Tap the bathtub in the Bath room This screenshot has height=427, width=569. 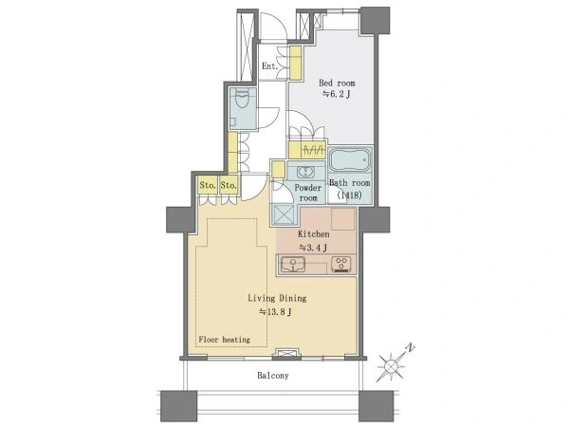[x=349, y=160]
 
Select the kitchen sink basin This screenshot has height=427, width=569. [x=293, y=264]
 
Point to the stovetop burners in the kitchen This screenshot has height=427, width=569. [x=342, y=264]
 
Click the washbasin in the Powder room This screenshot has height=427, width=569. [x=304, y=171]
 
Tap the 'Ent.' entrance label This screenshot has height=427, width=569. [x=270, y=66]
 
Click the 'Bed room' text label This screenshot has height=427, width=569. [x=337, y=83]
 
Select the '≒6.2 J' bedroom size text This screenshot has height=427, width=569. [x=337, y=94]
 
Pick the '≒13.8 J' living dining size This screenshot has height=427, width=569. [x=275, y=311]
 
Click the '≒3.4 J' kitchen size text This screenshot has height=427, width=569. [x=313, y=248]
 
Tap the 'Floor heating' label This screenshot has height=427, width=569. [x=224, y=340]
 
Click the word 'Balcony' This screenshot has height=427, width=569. [x=273, y=376]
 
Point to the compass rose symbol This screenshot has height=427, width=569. [x=391, y=365]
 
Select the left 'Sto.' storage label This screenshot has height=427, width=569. [x=208, y=186]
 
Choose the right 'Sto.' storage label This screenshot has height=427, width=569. [x=229, y=186]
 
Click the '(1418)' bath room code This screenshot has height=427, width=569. [x=349, y=195]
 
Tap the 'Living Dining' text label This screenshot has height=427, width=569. [x=277, y=299]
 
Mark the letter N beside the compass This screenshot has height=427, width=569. [x=410, y=347]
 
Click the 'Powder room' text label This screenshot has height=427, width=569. [x=308, y=193]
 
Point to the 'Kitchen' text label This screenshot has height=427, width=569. [x=314, y=234]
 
